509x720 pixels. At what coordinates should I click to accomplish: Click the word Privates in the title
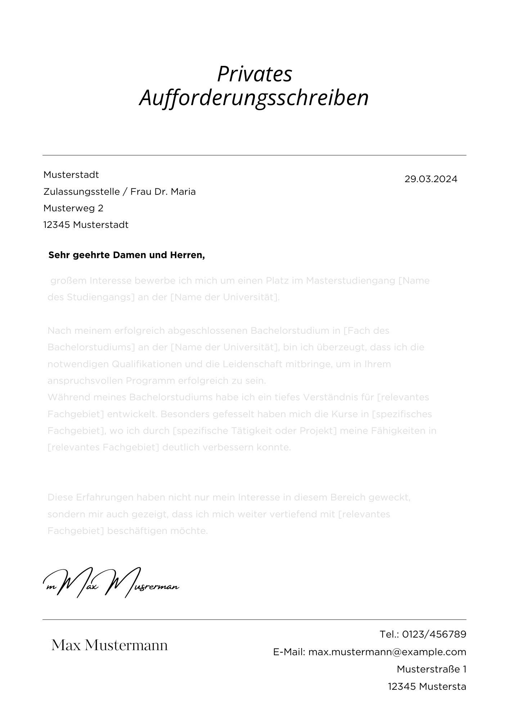tap(254, 74)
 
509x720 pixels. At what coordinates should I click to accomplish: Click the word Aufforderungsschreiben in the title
tap(254, 98)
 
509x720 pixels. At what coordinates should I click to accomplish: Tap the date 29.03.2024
tap(431, 179)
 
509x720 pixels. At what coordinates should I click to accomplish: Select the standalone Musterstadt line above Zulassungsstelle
tap(71, 175)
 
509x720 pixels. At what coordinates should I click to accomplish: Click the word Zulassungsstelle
tap(81, 192)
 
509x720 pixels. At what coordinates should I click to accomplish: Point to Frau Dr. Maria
tap(163, 192)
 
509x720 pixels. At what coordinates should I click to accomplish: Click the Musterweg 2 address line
tap(73, 208)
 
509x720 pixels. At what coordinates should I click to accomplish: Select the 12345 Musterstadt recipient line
tap(86, 225)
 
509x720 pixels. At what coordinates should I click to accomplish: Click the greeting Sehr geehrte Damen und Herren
tap(126, 255)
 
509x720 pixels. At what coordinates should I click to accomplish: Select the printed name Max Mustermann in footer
tap(109, 645)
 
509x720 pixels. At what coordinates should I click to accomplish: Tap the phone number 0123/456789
tap(434, 634)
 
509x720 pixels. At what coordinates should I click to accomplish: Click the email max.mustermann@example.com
tap(387, 652)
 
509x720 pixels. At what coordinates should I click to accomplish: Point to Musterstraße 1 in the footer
tap(431, 669)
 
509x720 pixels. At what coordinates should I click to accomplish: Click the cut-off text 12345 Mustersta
tap(427, 687)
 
